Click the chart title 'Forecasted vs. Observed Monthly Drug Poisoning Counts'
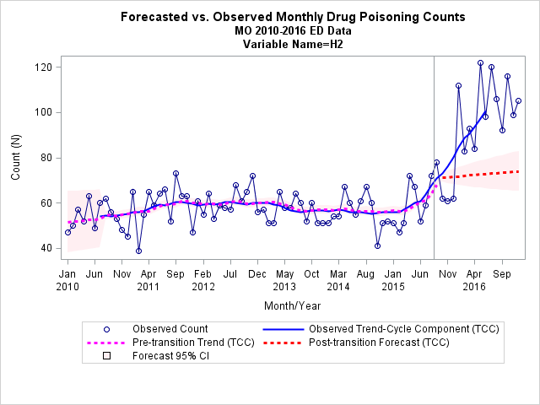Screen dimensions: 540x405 click(293, 17)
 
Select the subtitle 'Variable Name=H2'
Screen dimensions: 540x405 click(293, 44)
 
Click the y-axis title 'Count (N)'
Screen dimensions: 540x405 click(15, 157)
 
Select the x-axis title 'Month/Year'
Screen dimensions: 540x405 click(293, 305)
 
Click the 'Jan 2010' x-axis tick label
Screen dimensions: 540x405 click(67, 280)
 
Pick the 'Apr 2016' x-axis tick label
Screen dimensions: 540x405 click(474, 280)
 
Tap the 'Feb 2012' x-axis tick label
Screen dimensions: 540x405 click(203, 280)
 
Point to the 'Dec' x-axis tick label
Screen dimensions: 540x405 click(257, 274)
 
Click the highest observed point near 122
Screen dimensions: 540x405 click(480, 63)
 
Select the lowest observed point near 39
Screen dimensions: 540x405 click(138, 251)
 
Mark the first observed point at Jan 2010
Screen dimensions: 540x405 click(67, 233)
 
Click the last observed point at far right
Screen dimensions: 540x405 click(518, 101)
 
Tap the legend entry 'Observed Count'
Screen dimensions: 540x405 click(170, 329)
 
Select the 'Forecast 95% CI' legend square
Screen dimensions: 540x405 click(107, 356)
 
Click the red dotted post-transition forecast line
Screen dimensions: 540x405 click(479, 175)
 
